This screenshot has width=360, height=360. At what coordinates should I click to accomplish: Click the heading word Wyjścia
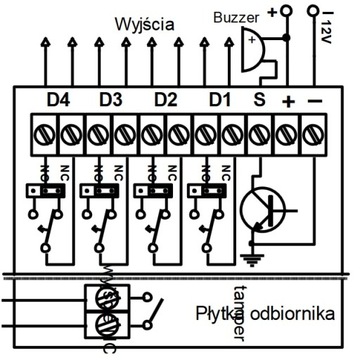(x=146, y=21)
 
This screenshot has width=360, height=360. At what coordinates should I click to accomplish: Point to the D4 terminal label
(x=59, y=101)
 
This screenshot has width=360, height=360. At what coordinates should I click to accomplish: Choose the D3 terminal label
(x=111, y=101)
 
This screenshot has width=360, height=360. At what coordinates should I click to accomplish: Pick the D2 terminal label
(x=165, y=101)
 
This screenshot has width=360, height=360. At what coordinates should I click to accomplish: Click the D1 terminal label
(x=220, y=101)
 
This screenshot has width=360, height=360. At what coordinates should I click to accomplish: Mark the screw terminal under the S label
(x=260, y=130)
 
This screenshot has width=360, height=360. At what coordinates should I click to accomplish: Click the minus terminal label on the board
(x=315, y=101)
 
